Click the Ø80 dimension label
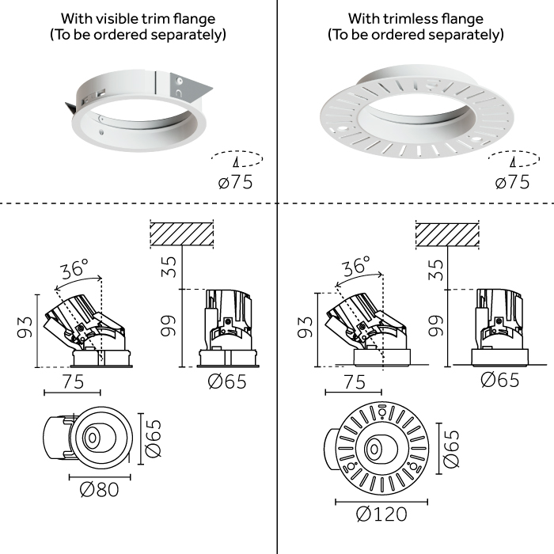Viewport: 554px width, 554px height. (x=99, y=490)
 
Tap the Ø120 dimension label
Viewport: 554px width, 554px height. (x=381, y=514)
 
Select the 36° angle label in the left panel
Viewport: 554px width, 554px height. (x=74, y=269)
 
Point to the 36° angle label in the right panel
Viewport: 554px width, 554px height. (x=356, y=266)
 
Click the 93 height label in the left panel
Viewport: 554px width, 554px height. (x=25, y=327)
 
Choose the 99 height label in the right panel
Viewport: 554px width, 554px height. (x=435, y=326)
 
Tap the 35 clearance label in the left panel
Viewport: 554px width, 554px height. (x=169, y=267)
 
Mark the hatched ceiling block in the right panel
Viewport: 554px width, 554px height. (x=447, y=235)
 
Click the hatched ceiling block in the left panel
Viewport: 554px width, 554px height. (x=182, y=234)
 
